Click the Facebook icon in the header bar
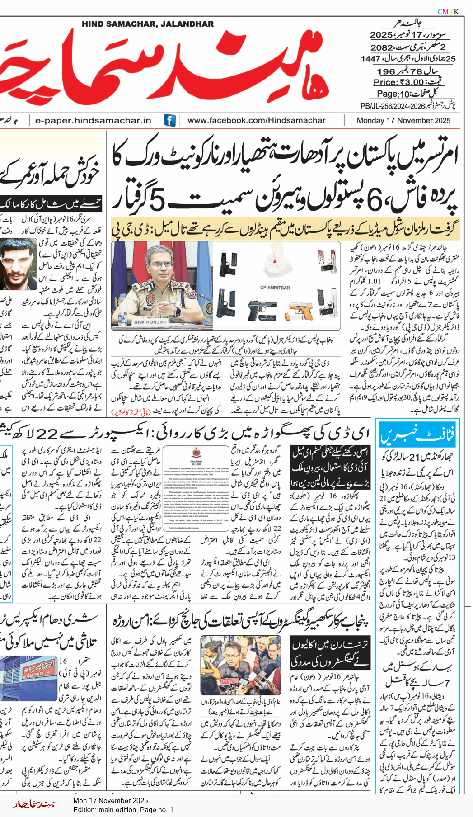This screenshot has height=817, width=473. click(x=170, y=120)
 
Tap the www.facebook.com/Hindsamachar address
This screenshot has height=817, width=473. click(x=256, y=120)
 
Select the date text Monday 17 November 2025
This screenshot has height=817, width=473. click(x=403, y=120)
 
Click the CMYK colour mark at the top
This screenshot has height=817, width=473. click(x=448, y=12)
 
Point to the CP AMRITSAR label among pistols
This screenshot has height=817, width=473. click(x=275, y=288)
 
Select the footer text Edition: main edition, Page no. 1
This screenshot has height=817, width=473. click(x=123, y=809)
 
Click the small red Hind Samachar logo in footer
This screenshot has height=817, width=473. click(x=34, y=803)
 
